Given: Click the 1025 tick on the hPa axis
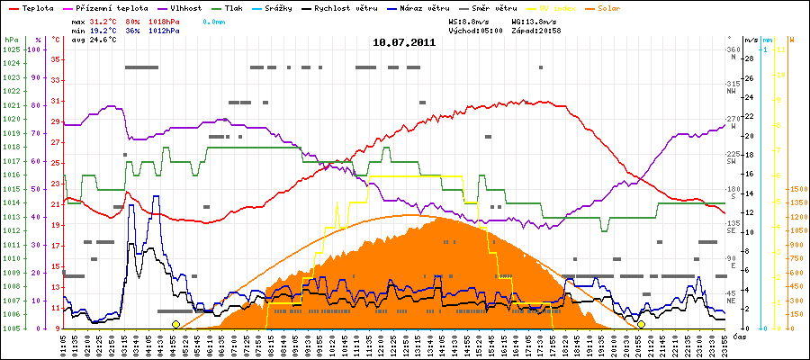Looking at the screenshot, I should pos(11,49).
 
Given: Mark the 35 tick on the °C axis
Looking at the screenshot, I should pos(55,59).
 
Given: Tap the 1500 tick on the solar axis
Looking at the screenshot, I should pos(798,189).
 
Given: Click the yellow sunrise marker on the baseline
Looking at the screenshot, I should pos(175,324).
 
